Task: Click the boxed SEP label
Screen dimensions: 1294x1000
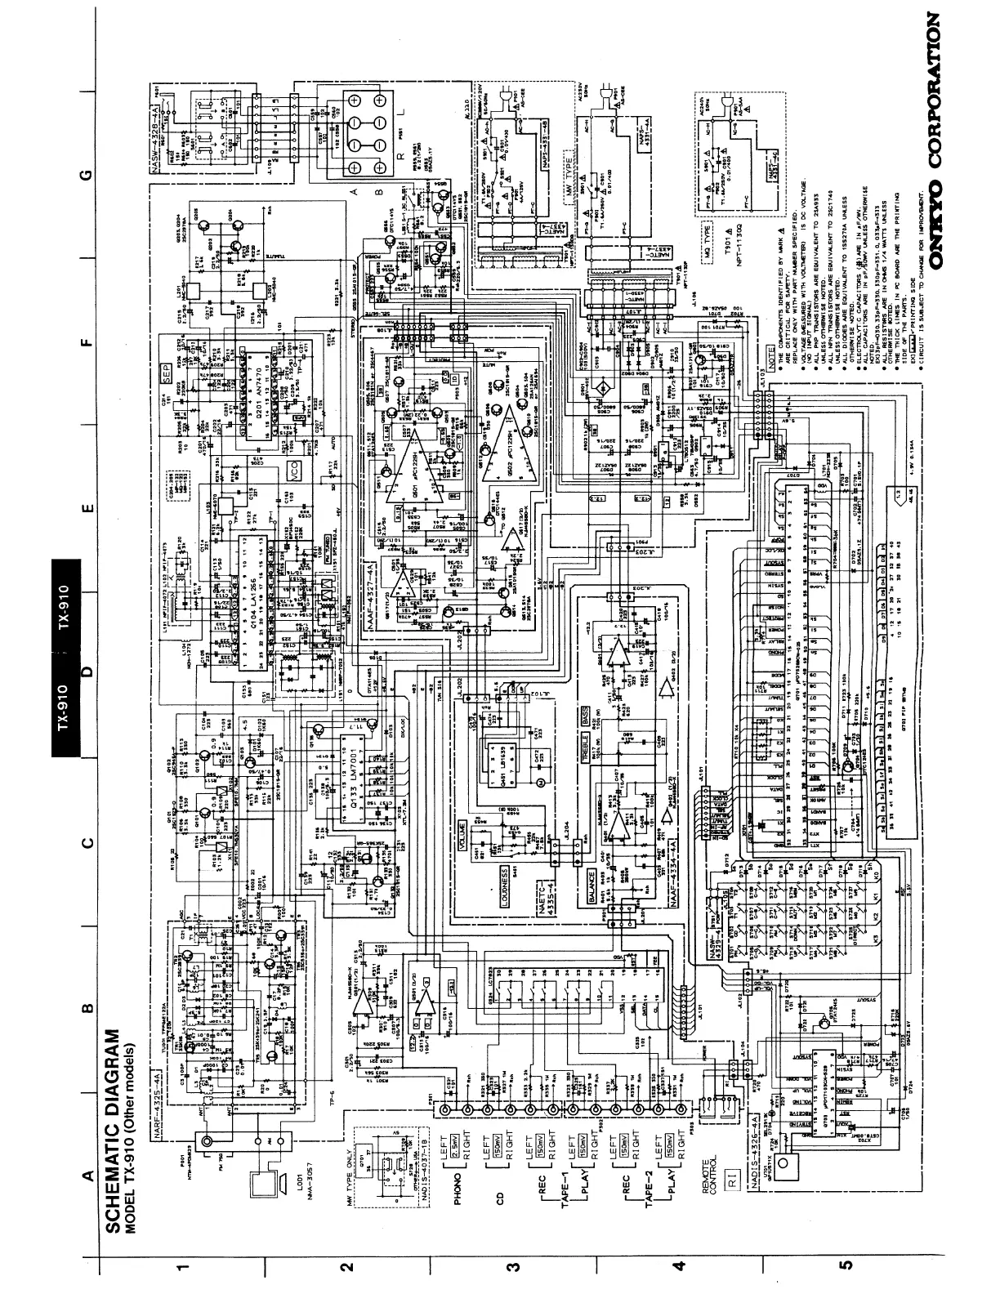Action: click(x=163, y=370)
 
